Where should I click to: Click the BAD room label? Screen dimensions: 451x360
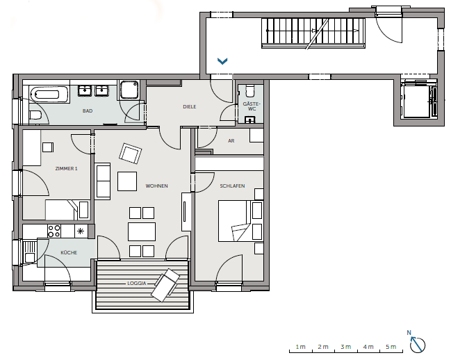[88, 111]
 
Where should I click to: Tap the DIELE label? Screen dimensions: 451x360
[190, 106]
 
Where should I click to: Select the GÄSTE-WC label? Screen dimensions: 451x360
[252, 106]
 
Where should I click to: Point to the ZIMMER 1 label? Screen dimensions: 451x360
[67, 168]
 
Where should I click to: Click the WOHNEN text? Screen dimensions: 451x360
[157, 186]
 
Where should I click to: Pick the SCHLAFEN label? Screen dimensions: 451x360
[232, 186]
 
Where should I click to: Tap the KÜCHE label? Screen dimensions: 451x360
[69, 252]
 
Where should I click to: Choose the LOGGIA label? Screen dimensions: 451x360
[137, 284]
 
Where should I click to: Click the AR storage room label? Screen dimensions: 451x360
[231, 141]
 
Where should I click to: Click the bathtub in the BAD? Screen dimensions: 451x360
[49, 95]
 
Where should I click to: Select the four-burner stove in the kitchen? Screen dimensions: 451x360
[54, 231]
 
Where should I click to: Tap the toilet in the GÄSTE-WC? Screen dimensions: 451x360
[250, 91]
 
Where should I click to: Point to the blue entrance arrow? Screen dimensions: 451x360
[222, 61]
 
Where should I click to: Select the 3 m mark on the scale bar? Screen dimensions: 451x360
[345, 347]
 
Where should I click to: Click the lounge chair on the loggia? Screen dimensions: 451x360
[165, 285]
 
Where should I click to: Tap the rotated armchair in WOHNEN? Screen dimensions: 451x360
[130, 154]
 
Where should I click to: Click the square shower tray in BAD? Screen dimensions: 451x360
[129, 90]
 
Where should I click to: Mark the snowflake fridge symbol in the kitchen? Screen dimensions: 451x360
[81, 231]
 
